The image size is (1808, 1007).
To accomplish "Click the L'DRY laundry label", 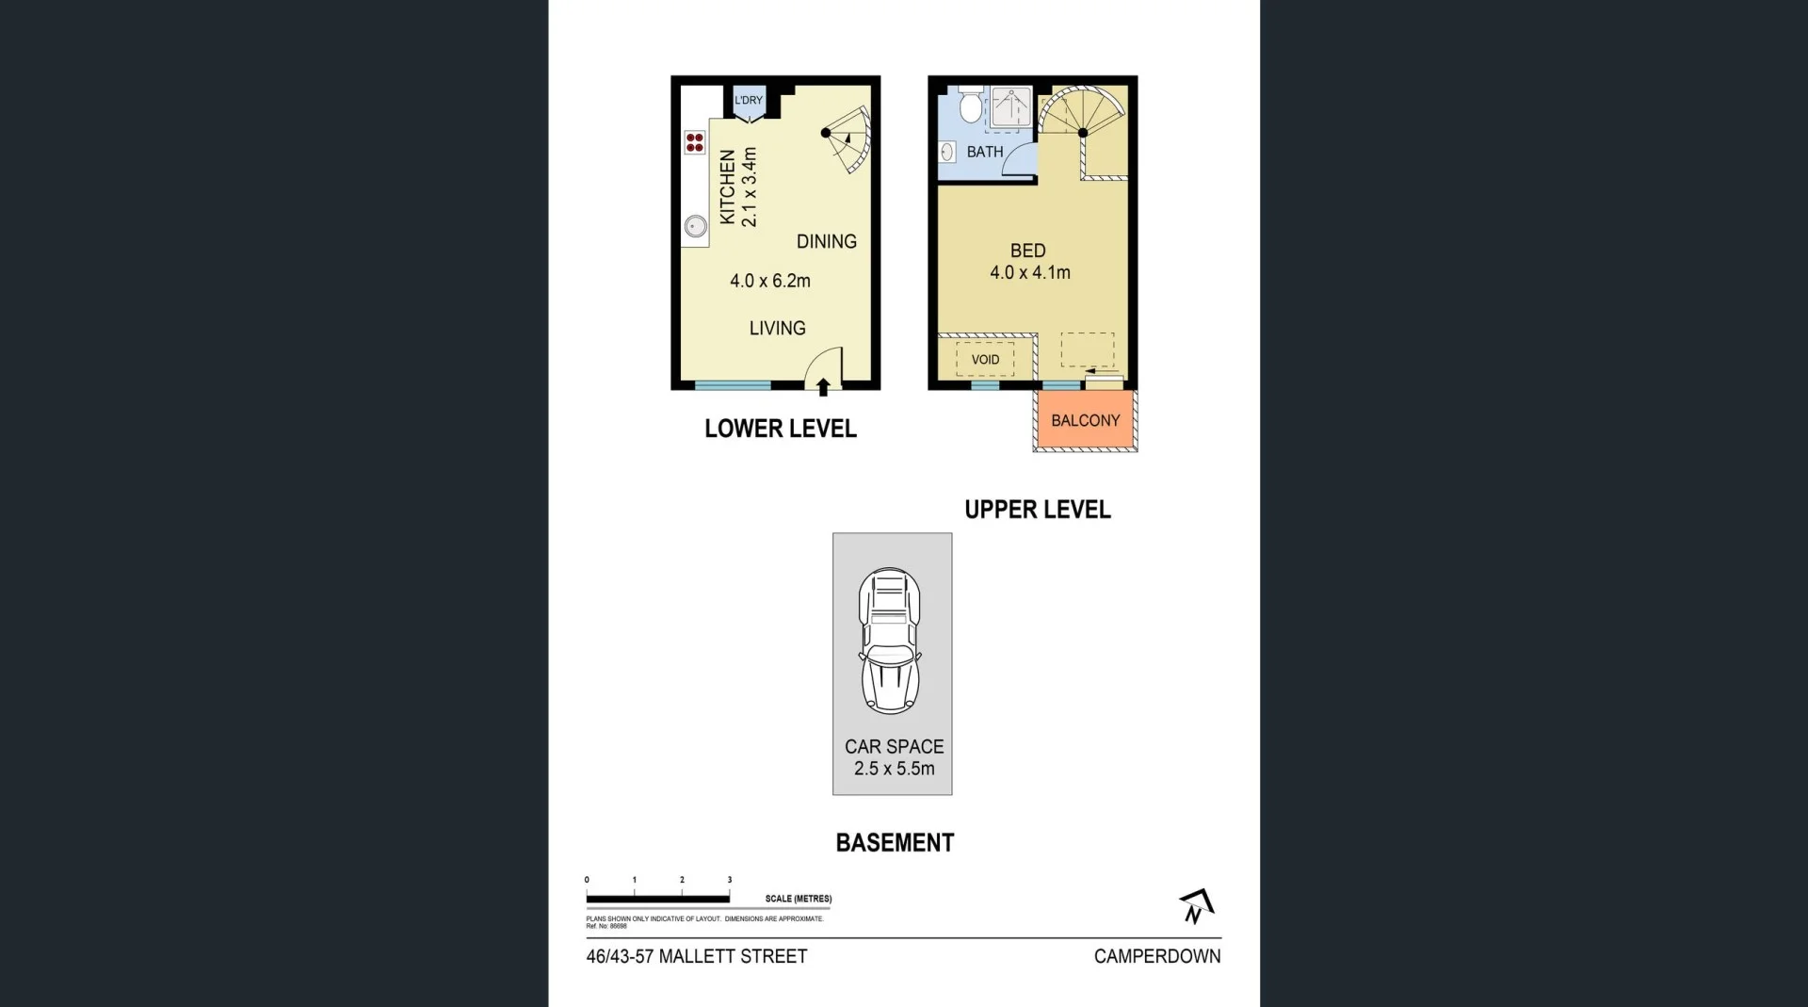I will [749, 100].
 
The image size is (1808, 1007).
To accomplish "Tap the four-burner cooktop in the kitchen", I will [695, 142].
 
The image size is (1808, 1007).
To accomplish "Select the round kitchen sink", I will [695, 226].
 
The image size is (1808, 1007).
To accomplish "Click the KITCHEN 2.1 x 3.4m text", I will [738, 187].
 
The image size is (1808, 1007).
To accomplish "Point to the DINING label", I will [826, 242].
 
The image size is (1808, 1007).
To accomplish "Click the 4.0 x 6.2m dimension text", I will [769, 281].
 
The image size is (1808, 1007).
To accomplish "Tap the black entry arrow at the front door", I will [823, 386].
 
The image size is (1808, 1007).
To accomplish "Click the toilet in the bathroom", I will [970, 107].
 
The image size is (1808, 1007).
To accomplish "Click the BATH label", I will [984, 152].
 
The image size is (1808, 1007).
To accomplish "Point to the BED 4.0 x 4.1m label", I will [1028, 262].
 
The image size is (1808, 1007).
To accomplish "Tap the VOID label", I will [985, 360].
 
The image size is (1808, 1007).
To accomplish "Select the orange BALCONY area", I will [1085, 421].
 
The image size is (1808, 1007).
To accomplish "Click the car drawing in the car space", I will [889, 641].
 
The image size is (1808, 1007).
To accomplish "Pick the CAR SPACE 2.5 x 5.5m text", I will [894, 757].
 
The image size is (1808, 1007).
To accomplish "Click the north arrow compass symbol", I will [1196, 906].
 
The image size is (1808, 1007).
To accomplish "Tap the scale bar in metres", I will [657, 899].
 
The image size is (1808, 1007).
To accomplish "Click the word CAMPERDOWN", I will [1156, 956].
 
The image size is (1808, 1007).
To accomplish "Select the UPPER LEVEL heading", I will [1037, 510].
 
